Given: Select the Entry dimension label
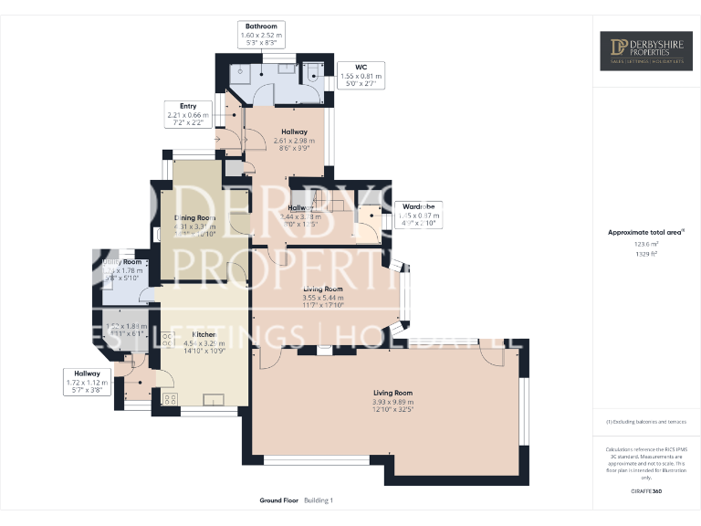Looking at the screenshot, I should coord(187,115).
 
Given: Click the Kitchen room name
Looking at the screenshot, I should coord(204,335).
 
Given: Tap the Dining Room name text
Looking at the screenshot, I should coord(194,217).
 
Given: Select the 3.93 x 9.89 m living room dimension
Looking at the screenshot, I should coord(392,401).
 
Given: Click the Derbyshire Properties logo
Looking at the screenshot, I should coord(645,51).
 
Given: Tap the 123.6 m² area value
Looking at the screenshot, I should coord(645,245).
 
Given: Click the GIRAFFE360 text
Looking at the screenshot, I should coord(645,492).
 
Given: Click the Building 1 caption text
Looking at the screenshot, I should coord(319,501).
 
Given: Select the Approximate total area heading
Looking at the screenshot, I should coord(645,232).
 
